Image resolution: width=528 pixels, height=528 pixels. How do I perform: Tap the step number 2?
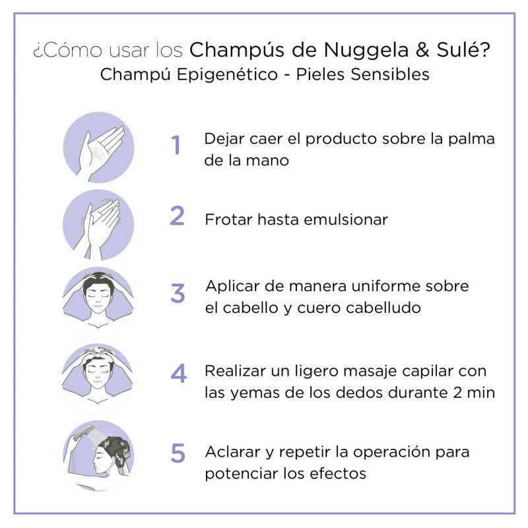tap(177, 216)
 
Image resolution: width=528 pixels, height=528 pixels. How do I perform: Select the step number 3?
tap(178, 293)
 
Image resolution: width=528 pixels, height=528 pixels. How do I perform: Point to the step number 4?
tap(178, 374)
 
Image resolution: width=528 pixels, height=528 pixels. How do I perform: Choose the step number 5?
tap(178, 453)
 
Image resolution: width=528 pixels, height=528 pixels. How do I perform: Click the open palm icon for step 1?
tap(98, 147)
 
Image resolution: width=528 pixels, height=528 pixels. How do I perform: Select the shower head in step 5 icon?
tap(84, 433)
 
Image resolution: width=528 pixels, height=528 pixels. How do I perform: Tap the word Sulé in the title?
tap(468, 50)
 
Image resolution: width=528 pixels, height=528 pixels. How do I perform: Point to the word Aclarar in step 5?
tap(234, 453)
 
